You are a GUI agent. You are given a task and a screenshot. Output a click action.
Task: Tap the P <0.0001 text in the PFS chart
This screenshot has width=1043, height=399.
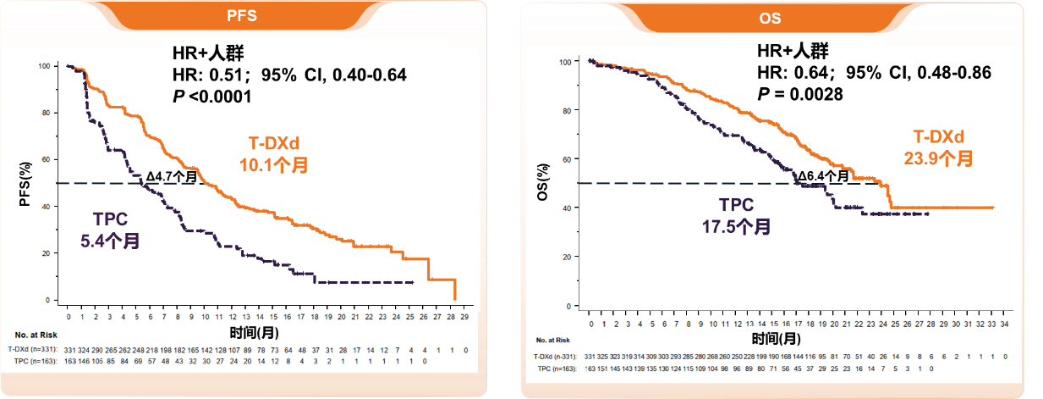point(211,97)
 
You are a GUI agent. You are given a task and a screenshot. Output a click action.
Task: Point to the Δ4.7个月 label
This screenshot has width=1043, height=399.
point(172,176)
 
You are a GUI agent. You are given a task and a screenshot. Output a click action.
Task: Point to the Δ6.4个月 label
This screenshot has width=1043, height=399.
point(825,176)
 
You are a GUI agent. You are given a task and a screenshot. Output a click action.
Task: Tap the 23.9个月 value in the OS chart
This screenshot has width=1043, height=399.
point(939,158)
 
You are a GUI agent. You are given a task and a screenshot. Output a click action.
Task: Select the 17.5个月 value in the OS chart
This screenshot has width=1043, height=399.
point(736,226)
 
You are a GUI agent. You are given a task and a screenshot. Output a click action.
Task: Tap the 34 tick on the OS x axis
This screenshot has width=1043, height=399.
point(1004,323)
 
